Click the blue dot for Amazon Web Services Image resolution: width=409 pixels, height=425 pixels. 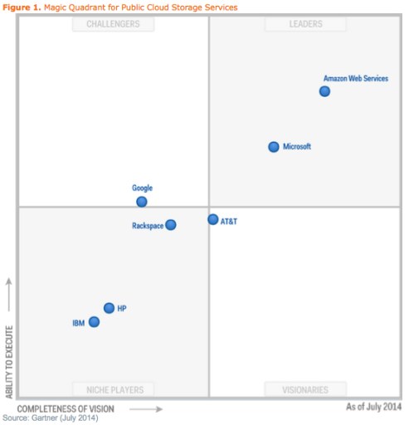324,91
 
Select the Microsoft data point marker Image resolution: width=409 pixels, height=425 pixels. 274,147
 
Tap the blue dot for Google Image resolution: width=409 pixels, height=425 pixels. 142,202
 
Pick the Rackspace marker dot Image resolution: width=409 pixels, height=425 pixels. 171,225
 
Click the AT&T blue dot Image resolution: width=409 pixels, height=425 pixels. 213,220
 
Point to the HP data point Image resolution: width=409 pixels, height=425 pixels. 109,308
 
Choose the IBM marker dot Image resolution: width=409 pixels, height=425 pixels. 94,322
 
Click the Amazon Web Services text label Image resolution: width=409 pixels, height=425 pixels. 355,79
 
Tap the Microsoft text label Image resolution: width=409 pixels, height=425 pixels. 297,147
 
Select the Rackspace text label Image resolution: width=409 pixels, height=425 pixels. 148,226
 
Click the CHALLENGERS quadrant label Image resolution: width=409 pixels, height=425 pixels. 113,24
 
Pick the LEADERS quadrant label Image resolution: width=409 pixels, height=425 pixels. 305,24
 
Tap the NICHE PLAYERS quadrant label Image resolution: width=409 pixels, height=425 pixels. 114,389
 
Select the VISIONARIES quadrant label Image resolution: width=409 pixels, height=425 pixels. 304,389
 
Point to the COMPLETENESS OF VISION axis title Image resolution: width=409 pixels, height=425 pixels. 66,409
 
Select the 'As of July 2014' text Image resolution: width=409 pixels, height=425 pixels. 373,407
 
